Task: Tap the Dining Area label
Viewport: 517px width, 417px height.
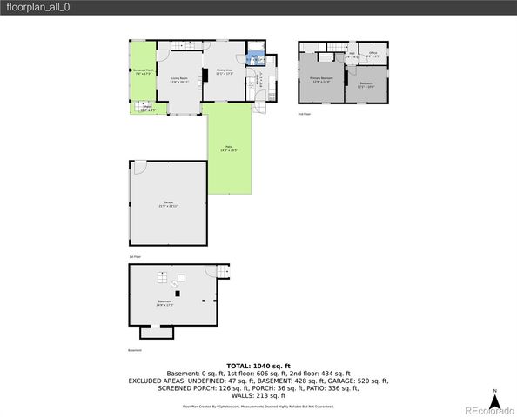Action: click(x=225, y=73)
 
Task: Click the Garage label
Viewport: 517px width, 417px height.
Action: click(x=168, y=203)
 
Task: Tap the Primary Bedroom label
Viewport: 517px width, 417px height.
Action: click(x=322, y=79)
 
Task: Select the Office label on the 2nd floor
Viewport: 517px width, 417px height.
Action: click(x=373, y=54)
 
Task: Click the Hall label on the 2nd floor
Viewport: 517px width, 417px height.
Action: click(x=352, y=56)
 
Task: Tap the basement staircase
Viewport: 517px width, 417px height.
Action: click(x=222, y=272)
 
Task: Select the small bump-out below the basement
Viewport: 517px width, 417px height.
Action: click(x=157, y=332)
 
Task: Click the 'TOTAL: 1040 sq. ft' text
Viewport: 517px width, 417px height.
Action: click(x=258, y=366)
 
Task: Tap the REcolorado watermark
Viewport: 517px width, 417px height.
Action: click(x=488, y=410)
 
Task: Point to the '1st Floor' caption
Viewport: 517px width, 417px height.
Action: click(x=135, y=258)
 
